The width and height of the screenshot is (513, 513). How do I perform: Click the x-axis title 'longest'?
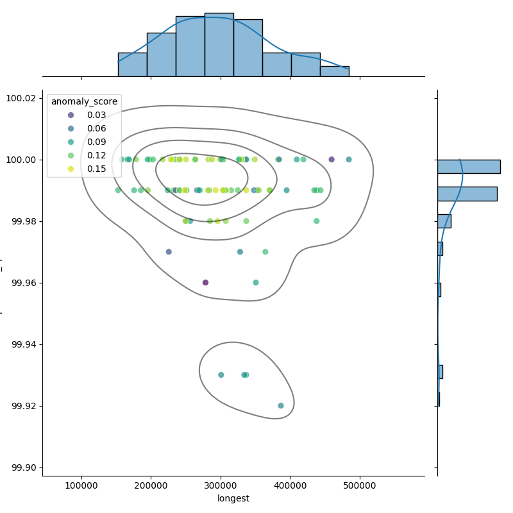233,498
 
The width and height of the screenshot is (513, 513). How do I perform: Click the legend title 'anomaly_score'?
84,101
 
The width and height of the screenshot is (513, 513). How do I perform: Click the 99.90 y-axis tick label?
24,467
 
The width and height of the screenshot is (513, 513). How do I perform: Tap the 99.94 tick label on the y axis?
24,344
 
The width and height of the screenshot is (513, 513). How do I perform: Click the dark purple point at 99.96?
205,282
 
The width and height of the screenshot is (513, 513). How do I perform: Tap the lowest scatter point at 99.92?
281,405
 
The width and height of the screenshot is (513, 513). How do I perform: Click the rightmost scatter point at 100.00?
349,159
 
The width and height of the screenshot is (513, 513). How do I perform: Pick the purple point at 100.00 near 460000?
332,159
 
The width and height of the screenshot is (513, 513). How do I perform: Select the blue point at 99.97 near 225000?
169,251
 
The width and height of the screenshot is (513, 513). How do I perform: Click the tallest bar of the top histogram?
219,45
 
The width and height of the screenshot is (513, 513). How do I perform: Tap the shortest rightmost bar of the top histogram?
335,71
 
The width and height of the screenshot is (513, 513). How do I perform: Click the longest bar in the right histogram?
468,166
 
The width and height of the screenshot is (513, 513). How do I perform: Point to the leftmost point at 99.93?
221,374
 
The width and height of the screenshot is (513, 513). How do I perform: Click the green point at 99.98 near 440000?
316,221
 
